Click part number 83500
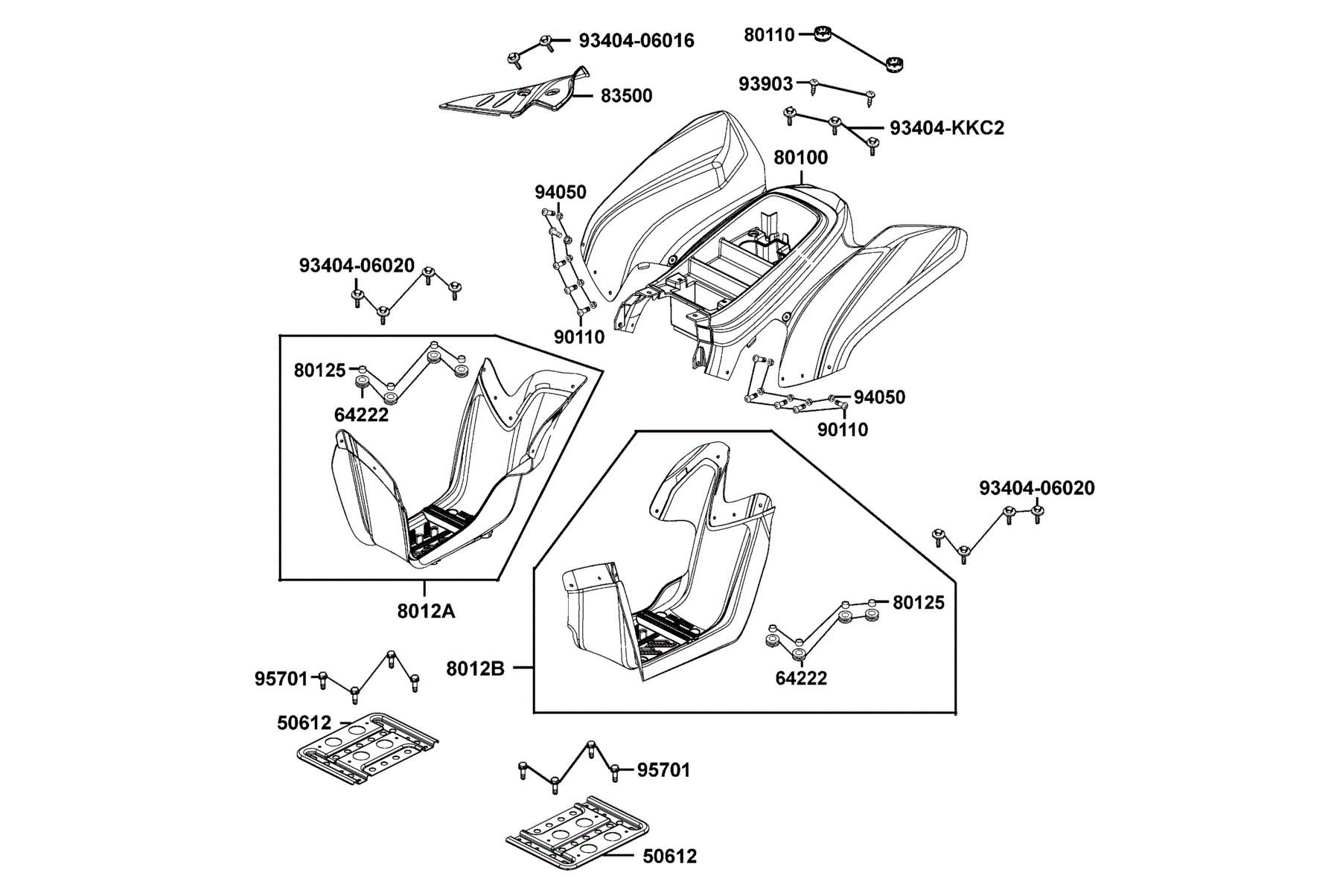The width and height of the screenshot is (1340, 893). coord(626,96)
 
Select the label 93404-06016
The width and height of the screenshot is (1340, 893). coord(636,41)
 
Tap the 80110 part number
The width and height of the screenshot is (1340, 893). coord(770,34)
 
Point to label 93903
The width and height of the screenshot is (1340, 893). coord(765,84)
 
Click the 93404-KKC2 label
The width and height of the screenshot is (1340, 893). coord(947,128)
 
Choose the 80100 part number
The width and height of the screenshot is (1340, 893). coord(801,158)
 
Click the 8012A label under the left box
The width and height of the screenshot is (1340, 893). coord(426,611)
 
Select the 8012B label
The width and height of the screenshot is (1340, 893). coord(476,669)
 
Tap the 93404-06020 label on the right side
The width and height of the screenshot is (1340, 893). coord(1037,488)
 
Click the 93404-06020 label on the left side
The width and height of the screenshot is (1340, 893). coord(357,266)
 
